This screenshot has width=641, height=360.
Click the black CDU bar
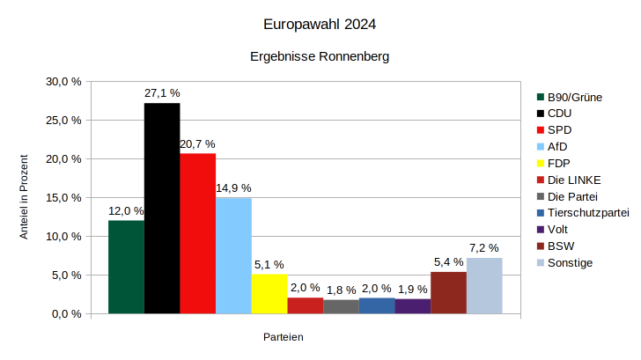pos(162,208)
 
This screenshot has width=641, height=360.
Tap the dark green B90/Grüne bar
pos(126,267)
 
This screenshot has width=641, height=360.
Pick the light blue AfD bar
pos(233,255)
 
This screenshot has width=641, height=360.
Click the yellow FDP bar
pos(269,294)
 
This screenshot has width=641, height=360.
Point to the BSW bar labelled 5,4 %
pos(448,292)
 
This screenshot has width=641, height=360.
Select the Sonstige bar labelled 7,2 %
pos(484,285)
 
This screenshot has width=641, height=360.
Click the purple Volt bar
pos(412,306)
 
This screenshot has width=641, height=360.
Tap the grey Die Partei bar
pos(341,306)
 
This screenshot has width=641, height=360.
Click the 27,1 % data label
pos(162,92)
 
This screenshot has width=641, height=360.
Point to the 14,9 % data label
pos(233,187)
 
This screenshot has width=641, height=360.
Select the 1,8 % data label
pos(341,290)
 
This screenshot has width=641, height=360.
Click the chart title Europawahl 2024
pos(320,25)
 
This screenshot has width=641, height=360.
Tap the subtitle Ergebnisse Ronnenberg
pos(320,56)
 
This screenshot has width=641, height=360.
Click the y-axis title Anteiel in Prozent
pos(25,197)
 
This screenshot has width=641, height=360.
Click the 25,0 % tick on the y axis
pos(63,121)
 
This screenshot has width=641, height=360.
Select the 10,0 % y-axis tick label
pos(63,237)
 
